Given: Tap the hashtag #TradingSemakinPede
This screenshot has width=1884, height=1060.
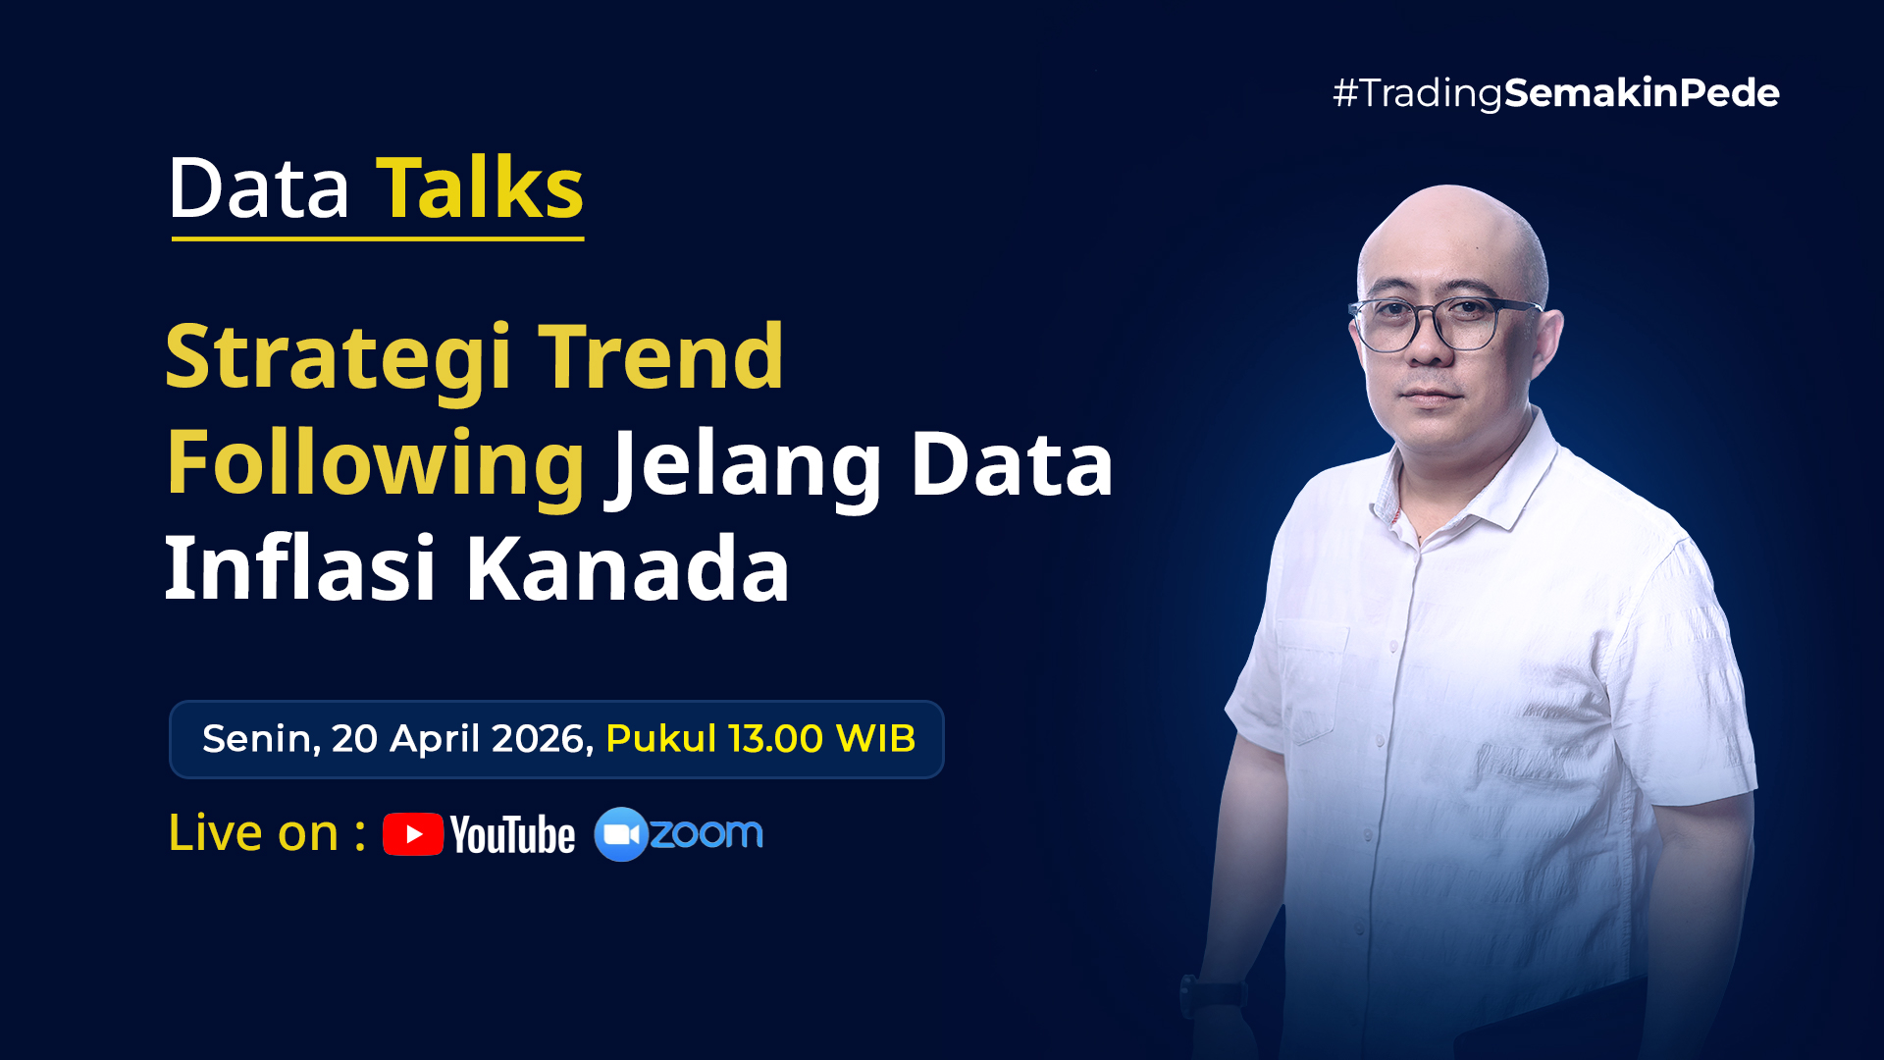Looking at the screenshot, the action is pyautogui.click(x=1555, y=93).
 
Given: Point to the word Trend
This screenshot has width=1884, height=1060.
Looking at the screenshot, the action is pyautogui.click(x=661, y=356).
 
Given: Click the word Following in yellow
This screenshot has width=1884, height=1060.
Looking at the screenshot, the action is pyautogui.click(x=376, y=466).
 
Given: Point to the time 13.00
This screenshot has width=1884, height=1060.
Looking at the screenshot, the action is pyautogui.click(x=775, y=738).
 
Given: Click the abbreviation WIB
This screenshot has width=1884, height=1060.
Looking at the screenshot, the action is pyautogui.click(x=875, y=738).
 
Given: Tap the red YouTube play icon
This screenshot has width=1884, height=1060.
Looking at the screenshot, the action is pyautogui.click(x=413, y=834).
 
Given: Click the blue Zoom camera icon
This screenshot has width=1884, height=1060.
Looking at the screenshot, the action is pyautogui.click(x=621, y=834).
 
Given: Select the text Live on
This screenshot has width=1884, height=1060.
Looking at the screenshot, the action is pyautogui.click(x=253, y=833).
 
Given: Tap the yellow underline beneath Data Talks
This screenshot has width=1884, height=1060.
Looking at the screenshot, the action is pyautogui.click(x=378, y=238).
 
